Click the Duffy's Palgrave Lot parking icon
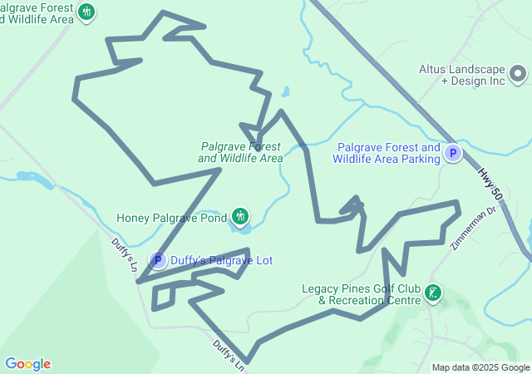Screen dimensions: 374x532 (x=157, y=260)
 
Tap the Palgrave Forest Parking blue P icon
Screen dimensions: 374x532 (x=453, y=153)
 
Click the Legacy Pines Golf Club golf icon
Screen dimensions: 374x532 (x=432, y=293)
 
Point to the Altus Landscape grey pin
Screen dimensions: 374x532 (x=517, y=75)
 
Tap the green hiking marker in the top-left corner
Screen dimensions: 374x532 (x=87, y=12)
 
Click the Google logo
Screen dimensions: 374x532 (x=27, y=364)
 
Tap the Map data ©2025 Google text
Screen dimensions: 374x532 (x=480, y=367)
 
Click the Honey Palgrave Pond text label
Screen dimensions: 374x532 (x=171, y=219)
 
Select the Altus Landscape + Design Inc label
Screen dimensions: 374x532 (x=473, y=75)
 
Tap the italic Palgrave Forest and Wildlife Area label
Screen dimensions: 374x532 (x=240, y=151)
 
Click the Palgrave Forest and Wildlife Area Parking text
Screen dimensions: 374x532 (x=388, y=153)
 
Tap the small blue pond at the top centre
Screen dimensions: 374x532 (x=285, y=91)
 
